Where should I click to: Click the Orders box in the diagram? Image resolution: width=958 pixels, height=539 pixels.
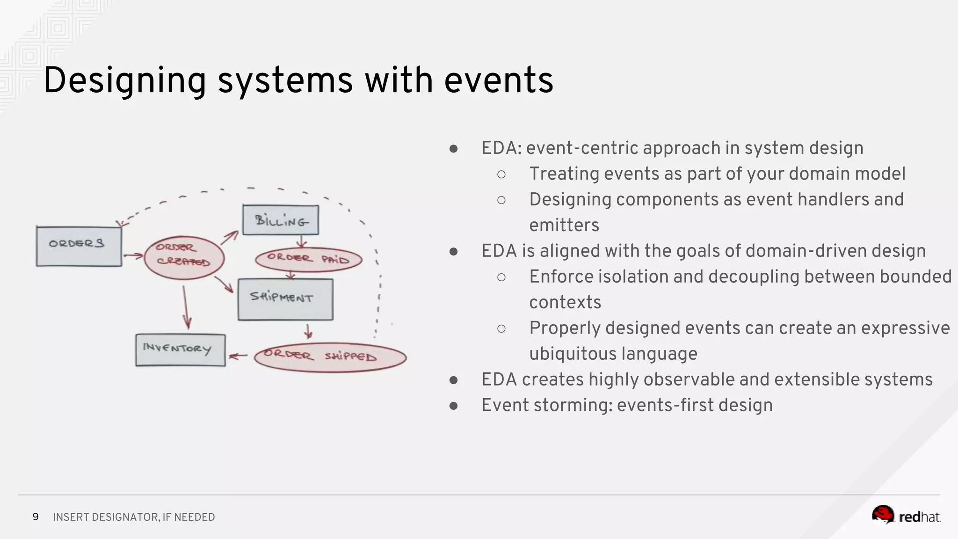[79, 246]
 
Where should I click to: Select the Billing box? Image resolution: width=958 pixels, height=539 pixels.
[281, 220]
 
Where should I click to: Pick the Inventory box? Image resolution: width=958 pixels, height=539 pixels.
[180, 350]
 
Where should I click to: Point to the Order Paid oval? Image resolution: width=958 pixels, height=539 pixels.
[308, 259]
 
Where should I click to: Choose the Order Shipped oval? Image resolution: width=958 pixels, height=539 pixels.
[330, 357]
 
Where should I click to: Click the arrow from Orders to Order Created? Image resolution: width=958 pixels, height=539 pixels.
[133, 255]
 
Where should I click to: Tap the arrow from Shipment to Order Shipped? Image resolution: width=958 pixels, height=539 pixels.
[308, 331]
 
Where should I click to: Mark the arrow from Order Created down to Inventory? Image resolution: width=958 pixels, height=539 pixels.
[186, 307]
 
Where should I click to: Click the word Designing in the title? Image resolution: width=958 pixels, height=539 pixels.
[124, 80]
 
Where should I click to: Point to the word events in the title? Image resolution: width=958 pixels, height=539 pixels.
[499, 80]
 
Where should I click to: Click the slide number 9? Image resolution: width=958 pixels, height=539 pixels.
[36, 517]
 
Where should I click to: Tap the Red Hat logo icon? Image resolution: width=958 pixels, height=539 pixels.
[883, 515]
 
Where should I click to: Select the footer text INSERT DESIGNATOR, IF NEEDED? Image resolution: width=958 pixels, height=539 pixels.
[134, 517]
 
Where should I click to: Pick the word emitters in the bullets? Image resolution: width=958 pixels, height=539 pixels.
[564, 225]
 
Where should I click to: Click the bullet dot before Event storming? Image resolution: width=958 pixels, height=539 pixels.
[453, 406]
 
